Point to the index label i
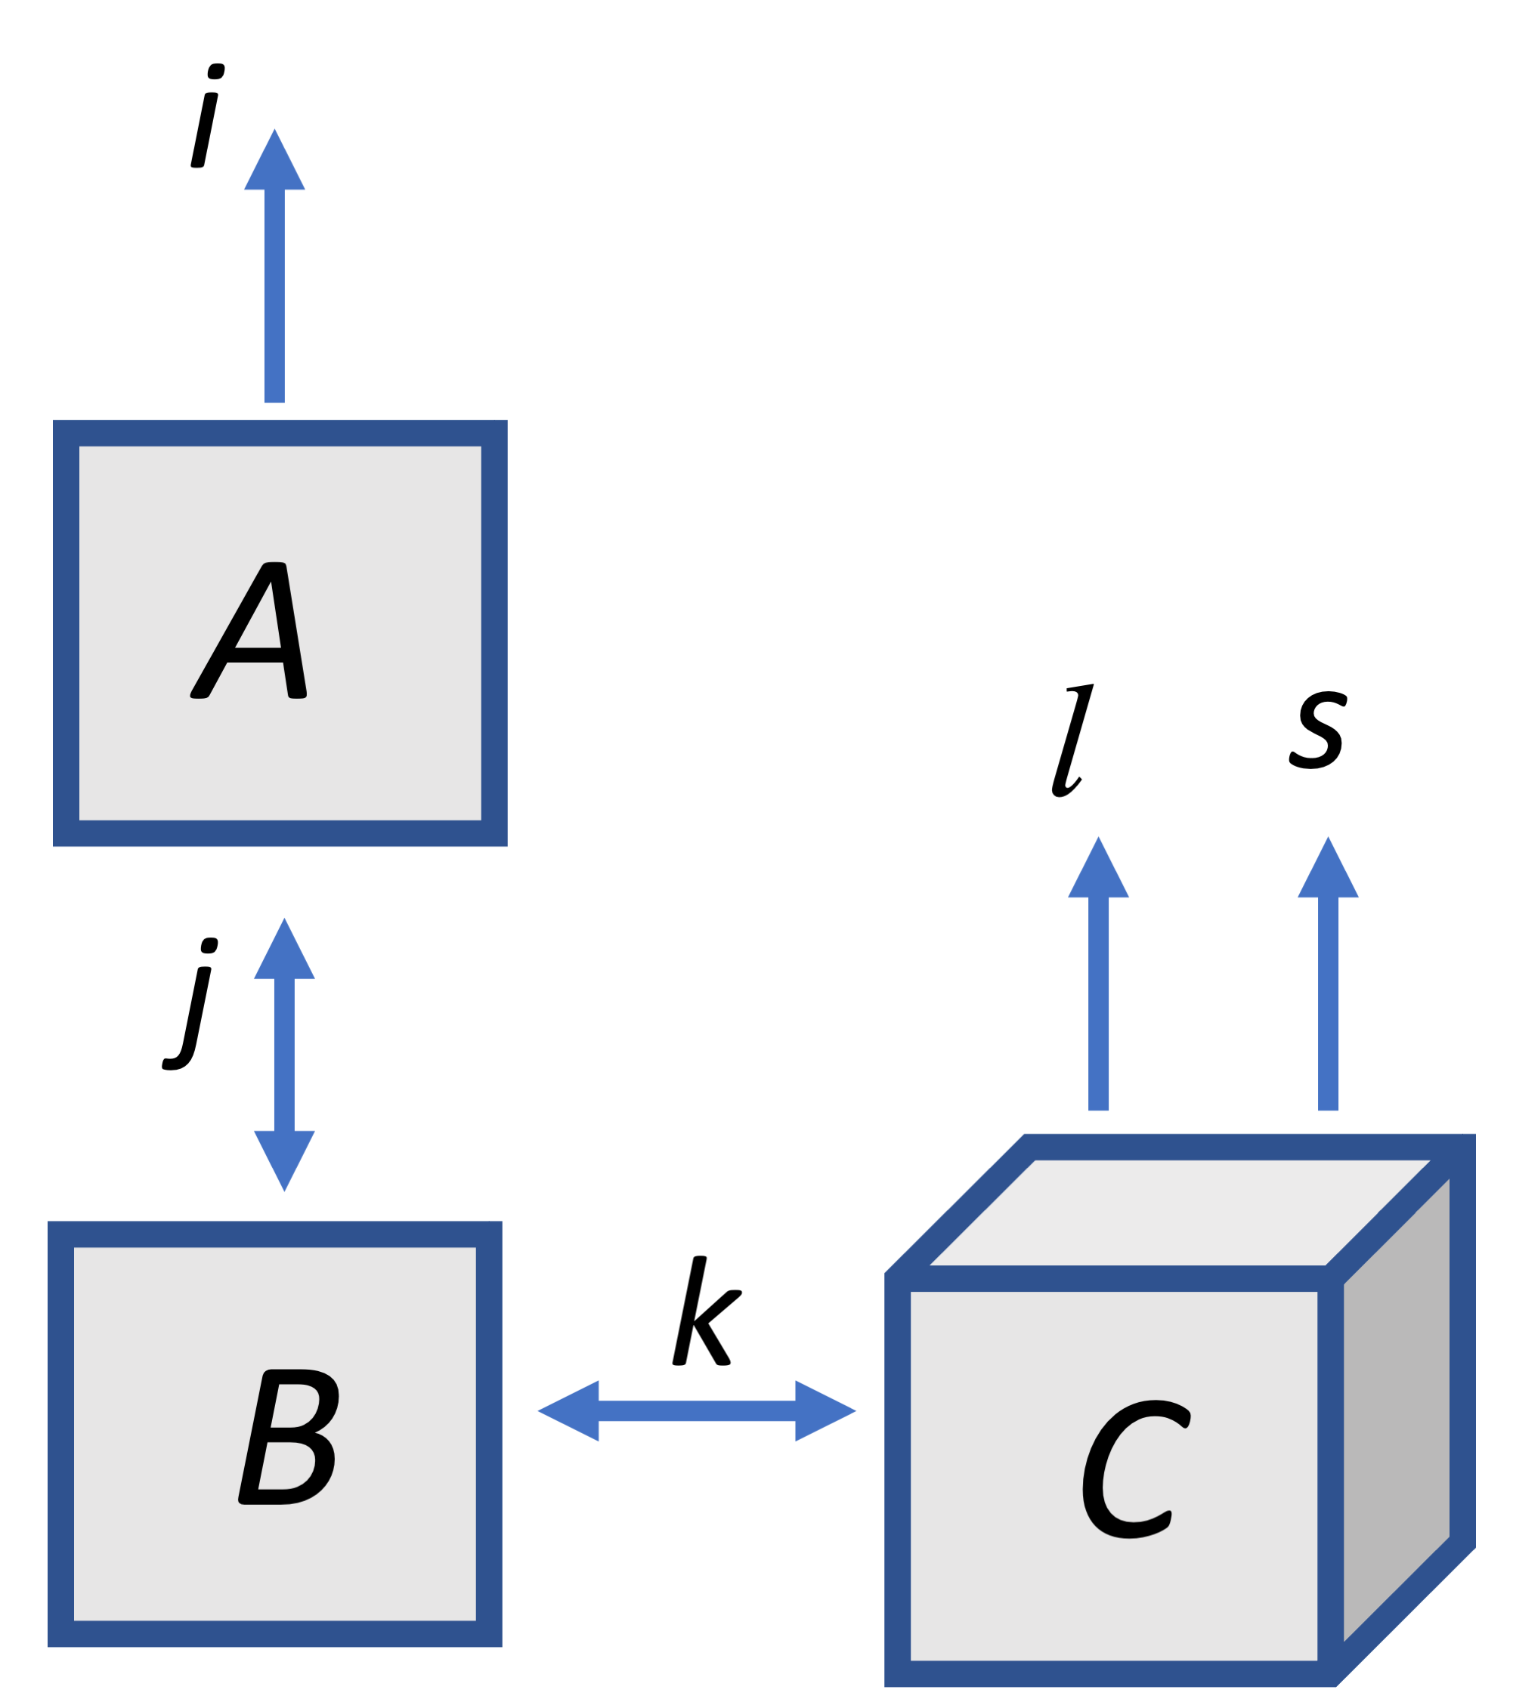point(206,116)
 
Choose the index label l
point(1072,740)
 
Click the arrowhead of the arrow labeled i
point(274,163)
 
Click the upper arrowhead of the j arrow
point(284,953)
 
